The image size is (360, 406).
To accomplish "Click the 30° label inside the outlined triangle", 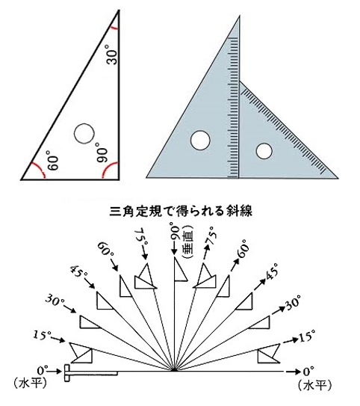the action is tap(112, 55).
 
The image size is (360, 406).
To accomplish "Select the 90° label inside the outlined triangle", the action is tap(101, 152).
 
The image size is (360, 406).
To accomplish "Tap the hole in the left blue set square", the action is tap(200, 140).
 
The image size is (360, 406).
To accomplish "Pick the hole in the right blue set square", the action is tap(264, 151).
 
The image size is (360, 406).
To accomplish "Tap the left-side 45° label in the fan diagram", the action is tap(79, 273).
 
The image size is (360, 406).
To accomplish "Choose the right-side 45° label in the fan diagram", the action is tap(273, 271).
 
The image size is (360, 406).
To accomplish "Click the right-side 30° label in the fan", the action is tap(293, 304).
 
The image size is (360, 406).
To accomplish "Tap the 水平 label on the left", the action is tap(31, 383).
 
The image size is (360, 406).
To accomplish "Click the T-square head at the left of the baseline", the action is tap(66, 372).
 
